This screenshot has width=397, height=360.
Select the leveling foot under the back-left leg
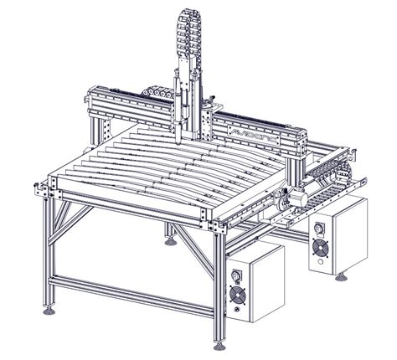173,243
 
